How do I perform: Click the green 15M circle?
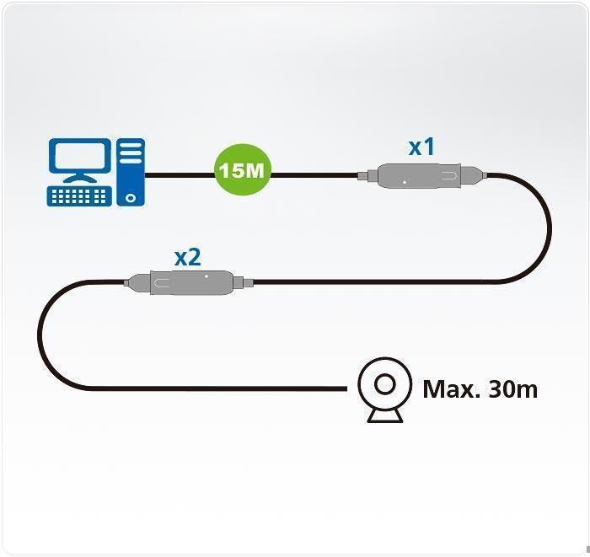243,169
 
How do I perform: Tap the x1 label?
421,147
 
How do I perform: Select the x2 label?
187,258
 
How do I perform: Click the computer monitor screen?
80,155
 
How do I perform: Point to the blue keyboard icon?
79,196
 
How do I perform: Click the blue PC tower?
131,172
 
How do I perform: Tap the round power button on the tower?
131,198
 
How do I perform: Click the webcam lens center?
385,384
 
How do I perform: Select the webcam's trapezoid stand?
385,415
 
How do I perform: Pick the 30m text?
512,389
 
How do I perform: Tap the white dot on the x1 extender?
405,182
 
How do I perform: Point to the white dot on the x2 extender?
206,276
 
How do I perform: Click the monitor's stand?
80,178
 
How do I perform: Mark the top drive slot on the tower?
131,145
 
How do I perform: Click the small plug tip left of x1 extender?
362,175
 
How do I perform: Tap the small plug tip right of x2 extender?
249,282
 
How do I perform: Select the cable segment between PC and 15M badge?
180,175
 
